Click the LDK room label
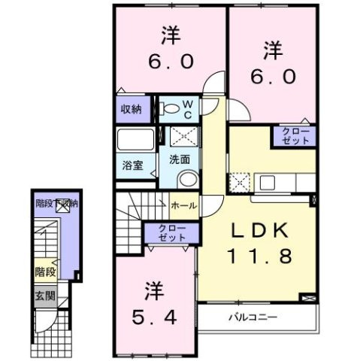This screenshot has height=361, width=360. pos(259,231)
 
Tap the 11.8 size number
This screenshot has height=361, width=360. pos(259,256)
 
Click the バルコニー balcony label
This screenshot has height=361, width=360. pos(253,317)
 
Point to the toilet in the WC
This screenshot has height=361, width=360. pos(170,108)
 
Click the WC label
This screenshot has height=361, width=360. pos(188,109)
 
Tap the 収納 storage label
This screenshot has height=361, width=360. pos(132,109)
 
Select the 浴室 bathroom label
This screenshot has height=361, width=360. pos(132,165)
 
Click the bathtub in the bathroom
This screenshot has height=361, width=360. pos(135,139)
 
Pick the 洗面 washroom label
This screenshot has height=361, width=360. pos(180,159)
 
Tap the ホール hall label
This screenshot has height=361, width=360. pos(184,205)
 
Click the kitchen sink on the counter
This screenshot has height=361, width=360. pos(268,183)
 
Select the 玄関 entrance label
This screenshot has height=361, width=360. pos(45,296)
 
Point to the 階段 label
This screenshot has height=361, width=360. pos(45,272)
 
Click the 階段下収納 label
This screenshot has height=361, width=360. pos(56,203)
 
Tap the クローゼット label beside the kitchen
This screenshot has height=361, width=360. pos(295,136)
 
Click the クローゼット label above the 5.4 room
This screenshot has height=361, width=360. pos(172,232)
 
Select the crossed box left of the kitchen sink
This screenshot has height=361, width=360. pos(239,183)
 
